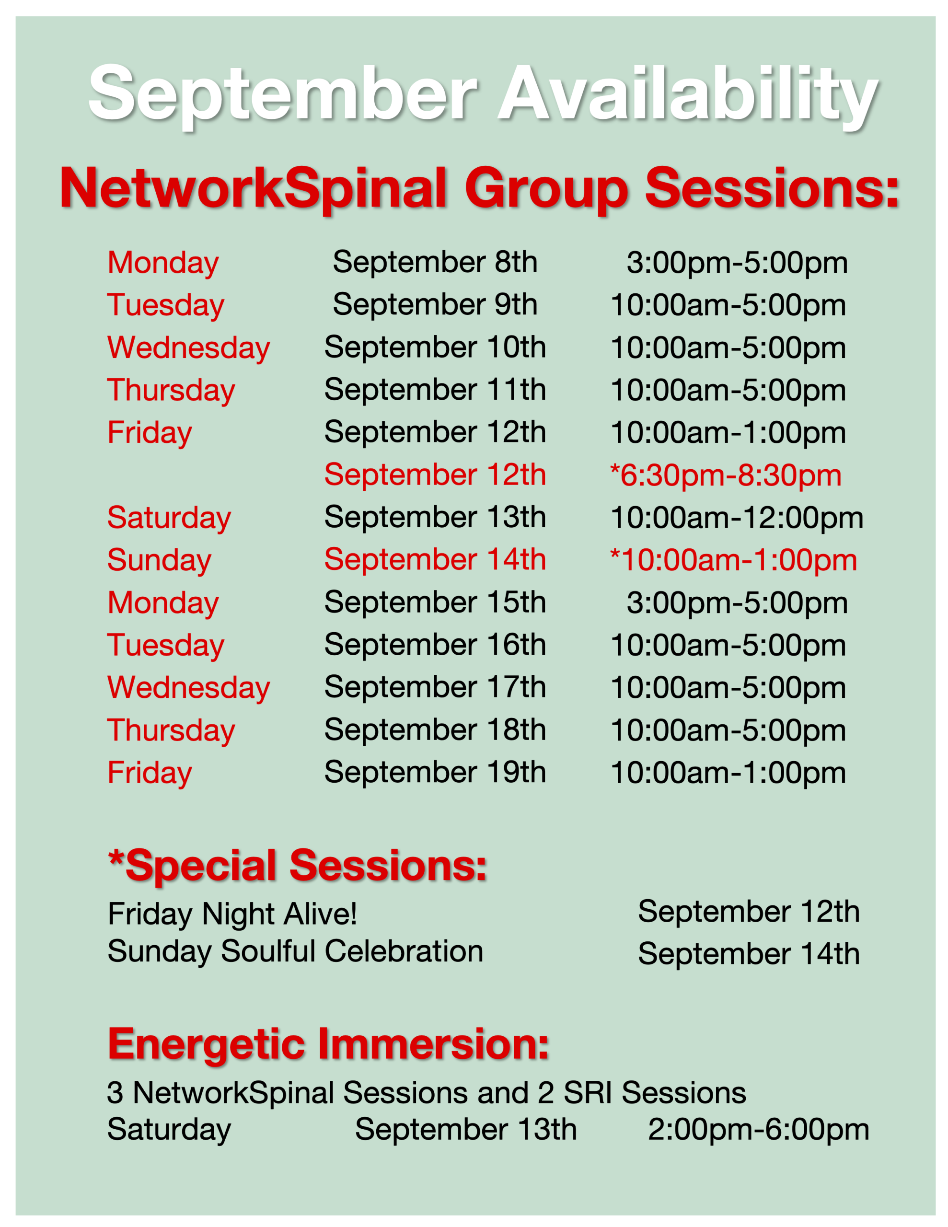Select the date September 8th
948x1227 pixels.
[x=435, y=262]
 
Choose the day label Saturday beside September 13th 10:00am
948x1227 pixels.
[x=169, y=518]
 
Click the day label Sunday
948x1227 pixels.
[x=160, y=560]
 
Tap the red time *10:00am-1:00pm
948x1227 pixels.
[x=733, y=560]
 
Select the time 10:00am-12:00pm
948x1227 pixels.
[x=737, y=518]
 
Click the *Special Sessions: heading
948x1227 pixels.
[x=297, y=866]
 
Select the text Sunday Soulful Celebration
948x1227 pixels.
[x=296, y=951]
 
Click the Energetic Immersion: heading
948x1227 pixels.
[x=328, y=1044]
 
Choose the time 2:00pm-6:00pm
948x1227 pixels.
[x=759, y=1130]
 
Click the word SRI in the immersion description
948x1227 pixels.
[x=589, y=1093]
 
